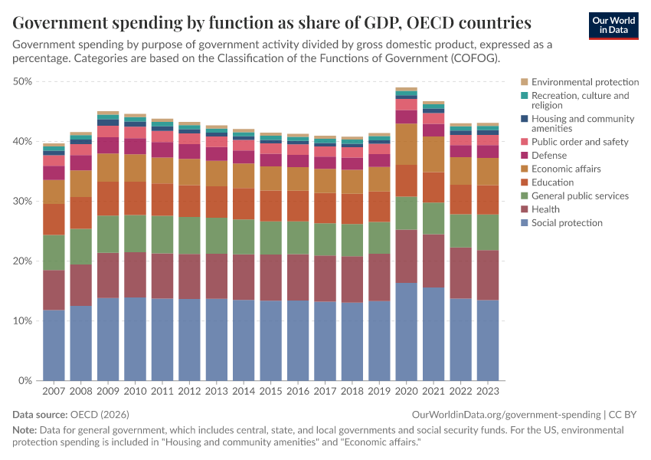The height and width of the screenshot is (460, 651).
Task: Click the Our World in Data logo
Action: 613,25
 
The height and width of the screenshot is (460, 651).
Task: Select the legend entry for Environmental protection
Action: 585,82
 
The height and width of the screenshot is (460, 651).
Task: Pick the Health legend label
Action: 545,209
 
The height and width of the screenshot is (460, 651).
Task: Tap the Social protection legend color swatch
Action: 524,223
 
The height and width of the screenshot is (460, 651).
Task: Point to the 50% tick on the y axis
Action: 22,81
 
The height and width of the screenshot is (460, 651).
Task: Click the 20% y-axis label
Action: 22,261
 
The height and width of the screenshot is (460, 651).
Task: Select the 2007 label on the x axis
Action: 54,391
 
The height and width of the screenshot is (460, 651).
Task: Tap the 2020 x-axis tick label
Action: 406,391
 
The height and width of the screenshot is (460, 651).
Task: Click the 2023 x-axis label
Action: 487,391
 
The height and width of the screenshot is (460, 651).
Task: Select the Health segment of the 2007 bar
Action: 54,290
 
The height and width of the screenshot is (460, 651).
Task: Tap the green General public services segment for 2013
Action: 216,236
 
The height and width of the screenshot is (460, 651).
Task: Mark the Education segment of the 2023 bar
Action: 487,199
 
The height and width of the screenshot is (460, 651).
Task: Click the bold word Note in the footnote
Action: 25,431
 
